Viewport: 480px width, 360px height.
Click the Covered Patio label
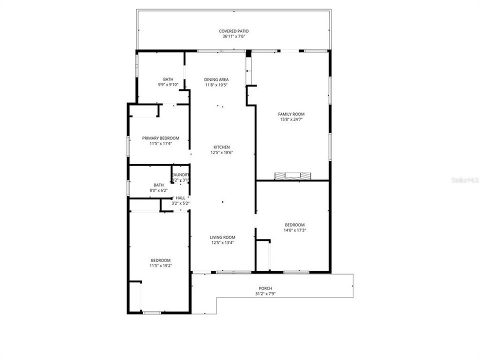pos(233,31)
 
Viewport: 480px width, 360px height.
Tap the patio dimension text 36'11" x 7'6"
pos(233,36)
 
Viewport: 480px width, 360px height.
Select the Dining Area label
pos(216,79)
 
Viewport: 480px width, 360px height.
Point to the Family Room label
pos(291,114)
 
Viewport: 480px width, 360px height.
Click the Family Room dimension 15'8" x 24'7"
pos(291,119)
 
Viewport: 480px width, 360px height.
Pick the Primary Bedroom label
pos(160,138)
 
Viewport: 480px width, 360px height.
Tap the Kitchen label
pos(221,147)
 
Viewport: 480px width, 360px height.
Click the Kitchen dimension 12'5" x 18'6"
pos(221,152)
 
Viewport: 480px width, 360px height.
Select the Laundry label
pos(180,174)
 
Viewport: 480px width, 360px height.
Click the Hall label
pos(180,198)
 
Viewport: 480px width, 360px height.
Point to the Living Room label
pos(223,237)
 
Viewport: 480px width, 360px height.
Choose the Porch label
pos(265,288)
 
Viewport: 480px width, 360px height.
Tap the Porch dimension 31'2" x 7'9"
pos(265,293)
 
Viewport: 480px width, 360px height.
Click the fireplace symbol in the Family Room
pos(292,175)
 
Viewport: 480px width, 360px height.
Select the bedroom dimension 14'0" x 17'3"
pos(294,230)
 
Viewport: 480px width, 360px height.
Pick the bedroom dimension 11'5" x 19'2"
pos(161,265)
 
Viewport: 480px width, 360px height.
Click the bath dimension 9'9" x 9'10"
pos(168,84)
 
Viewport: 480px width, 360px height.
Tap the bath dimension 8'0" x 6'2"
pos(158,190)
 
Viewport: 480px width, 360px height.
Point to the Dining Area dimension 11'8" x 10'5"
pos(216,84)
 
